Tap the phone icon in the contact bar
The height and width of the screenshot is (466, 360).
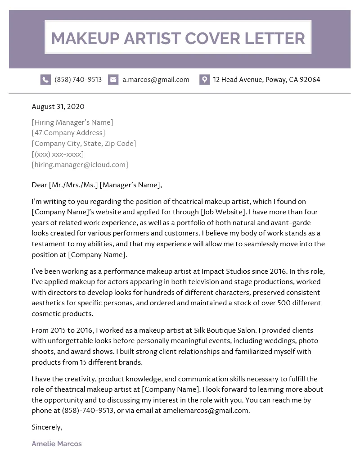tap(45, 80)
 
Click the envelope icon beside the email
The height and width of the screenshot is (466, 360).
tap(113, 80)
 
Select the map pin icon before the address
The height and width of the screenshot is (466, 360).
tap(204, 80)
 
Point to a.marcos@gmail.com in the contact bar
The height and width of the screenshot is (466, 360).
tap(156, 80)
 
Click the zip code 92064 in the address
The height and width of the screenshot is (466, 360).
tap(310, 80)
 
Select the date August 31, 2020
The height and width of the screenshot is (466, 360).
tap(58, 107)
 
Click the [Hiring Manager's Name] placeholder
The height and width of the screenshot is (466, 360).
tap(72, 122)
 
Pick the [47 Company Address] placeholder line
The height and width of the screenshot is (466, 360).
tap(68, 133)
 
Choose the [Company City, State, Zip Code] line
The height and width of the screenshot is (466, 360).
tap(84, 144)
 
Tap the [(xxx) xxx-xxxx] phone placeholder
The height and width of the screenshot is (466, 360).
tap(58, 154)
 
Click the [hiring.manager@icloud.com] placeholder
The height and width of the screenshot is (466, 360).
tap(80, 165)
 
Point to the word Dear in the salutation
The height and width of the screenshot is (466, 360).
tap(39, 185)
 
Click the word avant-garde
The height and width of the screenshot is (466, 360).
tap(291, 223)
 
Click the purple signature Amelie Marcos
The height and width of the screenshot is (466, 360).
tap(57, 444)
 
